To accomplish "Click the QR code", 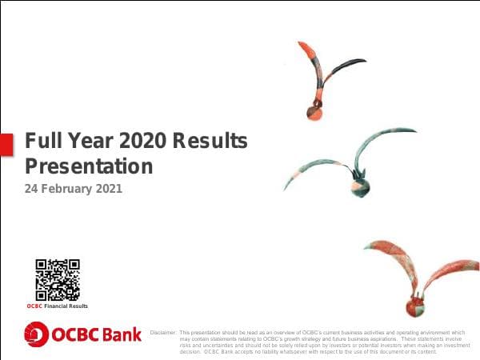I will [x=58, y=279].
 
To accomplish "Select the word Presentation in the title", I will [x=89, y=166].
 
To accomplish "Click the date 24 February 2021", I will [x=74, y=190].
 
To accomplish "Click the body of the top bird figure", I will [x=317, y=111].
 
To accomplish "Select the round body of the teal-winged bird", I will [x=358, y=186].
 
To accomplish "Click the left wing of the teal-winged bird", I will [x=316, y=166].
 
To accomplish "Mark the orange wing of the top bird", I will [x=307, y=58].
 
